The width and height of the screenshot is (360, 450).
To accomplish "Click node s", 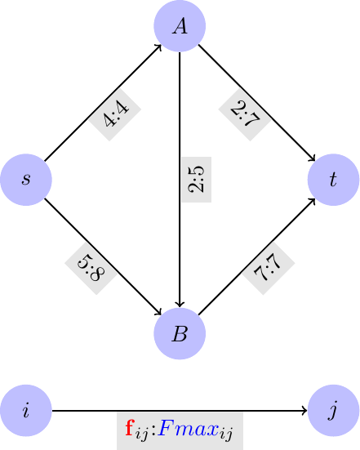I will (x=26, y=179).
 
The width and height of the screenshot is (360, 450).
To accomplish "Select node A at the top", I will (x=180, y=26).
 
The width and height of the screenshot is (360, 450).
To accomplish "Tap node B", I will (x=180, y=333).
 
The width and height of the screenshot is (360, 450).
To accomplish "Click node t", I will (x=333, y=179).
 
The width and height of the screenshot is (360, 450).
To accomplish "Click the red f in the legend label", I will (x=130, y=427).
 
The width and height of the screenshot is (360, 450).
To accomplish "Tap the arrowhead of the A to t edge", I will (x=313, y=158).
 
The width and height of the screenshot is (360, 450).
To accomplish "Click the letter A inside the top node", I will (x=180, y=26).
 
